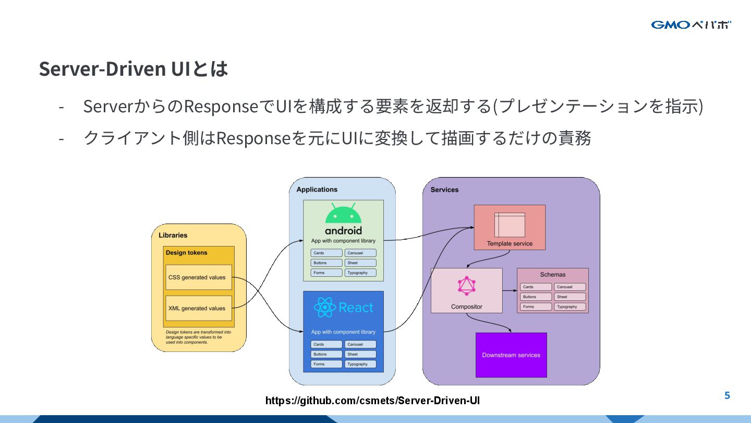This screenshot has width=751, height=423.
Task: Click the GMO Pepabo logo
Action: [x=691, y=25]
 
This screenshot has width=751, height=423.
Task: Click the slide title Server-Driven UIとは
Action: [x=134, y=69]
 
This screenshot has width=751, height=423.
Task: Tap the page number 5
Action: [x=727, y=395]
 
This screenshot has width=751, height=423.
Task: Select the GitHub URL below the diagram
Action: [x=372, y=401]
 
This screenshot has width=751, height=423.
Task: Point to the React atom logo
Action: [x=324, y=307]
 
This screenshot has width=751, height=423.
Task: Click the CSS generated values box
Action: [x=198, y=277]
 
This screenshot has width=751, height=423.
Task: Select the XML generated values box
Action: [x=198, y=308]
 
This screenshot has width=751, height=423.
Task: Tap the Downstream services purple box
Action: [x=511, y=355]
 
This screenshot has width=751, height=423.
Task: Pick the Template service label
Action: [x=510, y=243]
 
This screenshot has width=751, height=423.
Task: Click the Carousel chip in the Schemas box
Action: [x=570, y=287]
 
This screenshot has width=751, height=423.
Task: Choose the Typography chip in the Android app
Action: [x=360, y=273]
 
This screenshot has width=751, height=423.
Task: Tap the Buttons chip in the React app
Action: [x=326, y=354]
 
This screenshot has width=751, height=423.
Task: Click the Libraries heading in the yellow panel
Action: [x=173, y=235]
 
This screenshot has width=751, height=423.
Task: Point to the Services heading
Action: [x=444, y=190]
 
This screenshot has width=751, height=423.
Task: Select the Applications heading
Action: [x=317, y=190]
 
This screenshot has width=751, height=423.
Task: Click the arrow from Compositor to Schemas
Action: [x=510, y=290]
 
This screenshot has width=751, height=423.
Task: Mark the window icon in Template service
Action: [x=510, y=225]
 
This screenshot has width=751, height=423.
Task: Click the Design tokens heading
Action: [x=186, y=253]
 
